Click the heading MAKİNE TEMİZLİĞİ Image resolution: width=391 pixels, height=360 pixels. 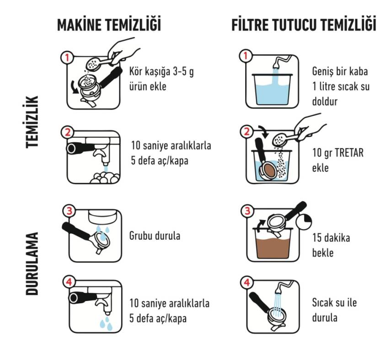pyautogui.click(x=109, y=25)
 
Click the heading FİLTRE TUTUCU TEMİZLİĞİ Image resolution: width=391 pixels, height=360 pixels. pyautogui.click(x=304, y=25)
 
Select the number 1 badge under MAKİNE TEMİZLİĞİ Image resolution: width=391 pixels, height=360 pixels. pyautogui.click(x=67, y=57)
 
